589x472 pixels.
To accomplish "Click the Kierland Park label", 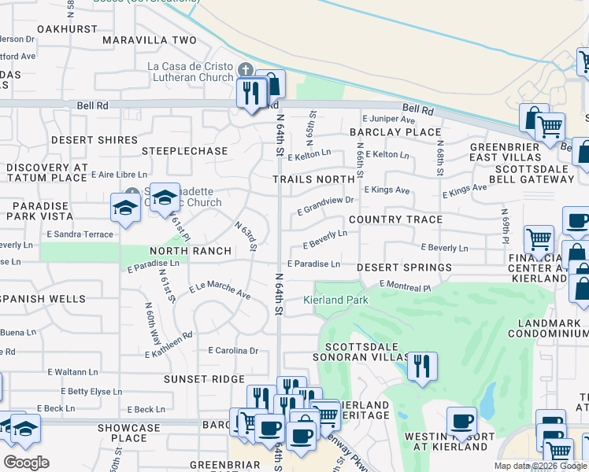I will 336,300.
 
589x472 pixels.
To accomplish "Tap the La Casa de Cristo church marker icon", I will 246,71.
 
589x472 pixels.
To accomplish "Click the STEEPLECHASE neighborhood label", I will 184,150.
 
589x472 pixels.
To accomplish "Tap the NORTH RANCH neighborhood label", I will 191,251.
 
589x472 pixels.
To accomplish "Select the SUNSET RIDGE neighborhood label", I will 204,379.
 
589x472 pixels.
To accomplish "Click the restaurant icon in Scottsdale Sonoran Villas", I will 423,367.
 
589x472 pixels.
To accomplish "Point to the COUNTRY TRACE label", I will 395,219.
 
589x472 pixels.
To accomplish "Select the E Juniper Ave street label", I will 388,119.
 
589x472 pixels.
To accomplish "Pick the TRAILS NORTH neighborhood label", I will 313,179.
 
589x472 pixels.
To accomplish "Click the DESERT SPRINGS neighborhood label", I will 404,267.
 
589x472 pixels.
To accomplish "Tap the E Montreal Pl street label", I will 405,286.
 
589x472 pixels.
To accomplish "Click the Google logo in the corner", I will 26,463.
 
